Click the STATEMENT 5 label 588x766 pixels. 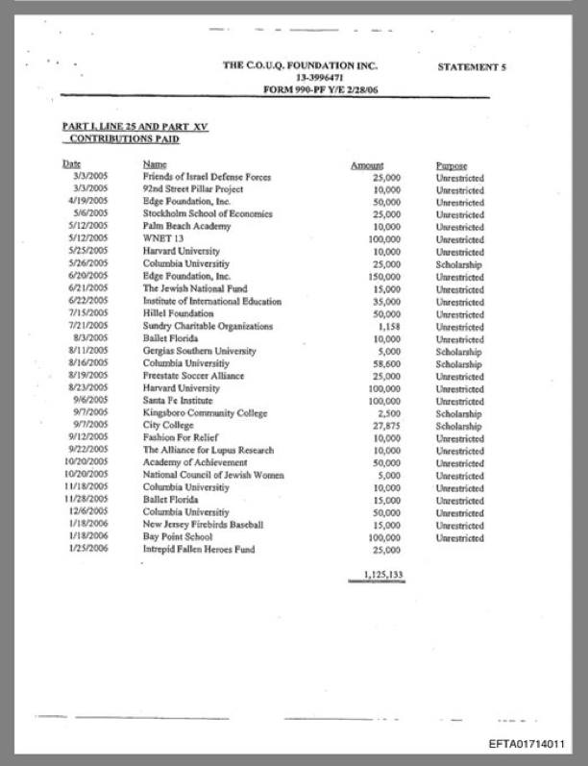[x=471, y=67]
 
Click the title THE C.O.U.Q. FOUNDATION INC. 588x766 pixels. [x=300, y=65]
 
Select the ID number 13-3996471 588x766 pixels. [x=301, y=77]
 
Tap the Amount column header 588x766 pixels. [x=367, y=165]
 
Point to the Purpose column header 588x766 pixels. [x=451, y=165]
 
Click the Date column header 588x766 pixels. [x=71, y=165]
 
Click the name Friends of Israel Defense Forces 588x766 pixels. [x=207, y=177]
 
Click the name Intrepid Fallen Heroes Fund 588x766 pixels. [x=199, y=550]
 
